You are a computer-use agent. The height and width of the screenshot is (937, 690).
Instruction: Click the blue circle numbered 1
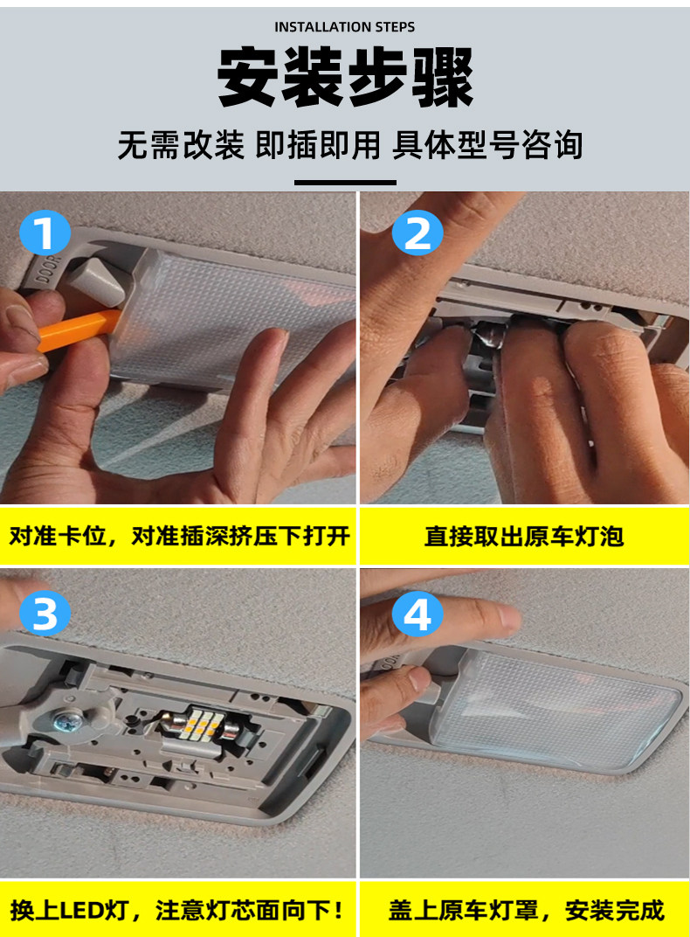click(45, 232)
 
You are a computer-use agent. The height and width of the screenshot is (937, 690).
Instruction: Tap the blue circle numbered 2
click(417, 233)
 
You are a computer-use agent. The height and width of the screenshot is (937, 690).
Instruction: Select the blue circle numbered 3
click(45, 614)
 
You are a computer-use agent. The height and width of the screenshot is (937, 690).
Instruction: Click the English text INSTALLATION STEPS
click(344, 27)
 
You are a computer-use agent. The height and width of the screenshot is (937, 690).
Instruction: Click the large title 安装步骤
click(345, 78)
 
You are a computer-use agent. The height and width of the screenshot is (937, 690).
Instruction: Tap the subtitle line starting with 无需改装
click(349, 145)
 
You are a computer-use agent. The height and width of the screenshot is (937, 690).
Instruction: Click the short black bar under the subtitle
click(345, 183)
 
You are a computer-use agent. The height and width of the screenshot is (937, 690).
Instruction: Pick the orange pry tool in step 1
click(78, 329)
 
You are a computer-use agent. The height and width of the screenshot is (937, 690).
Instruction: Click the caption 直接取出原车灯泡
click(524, 536)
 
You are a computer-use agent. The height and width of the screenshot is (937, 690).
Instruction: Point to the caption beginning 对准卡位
click(179, 536)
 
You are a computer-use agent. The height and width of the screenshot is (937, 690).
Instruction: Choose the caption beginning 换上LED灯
click(177, 911)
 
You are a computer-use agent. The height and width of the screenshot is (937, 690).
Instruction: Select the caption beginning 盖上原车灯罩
click(526, 911)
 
